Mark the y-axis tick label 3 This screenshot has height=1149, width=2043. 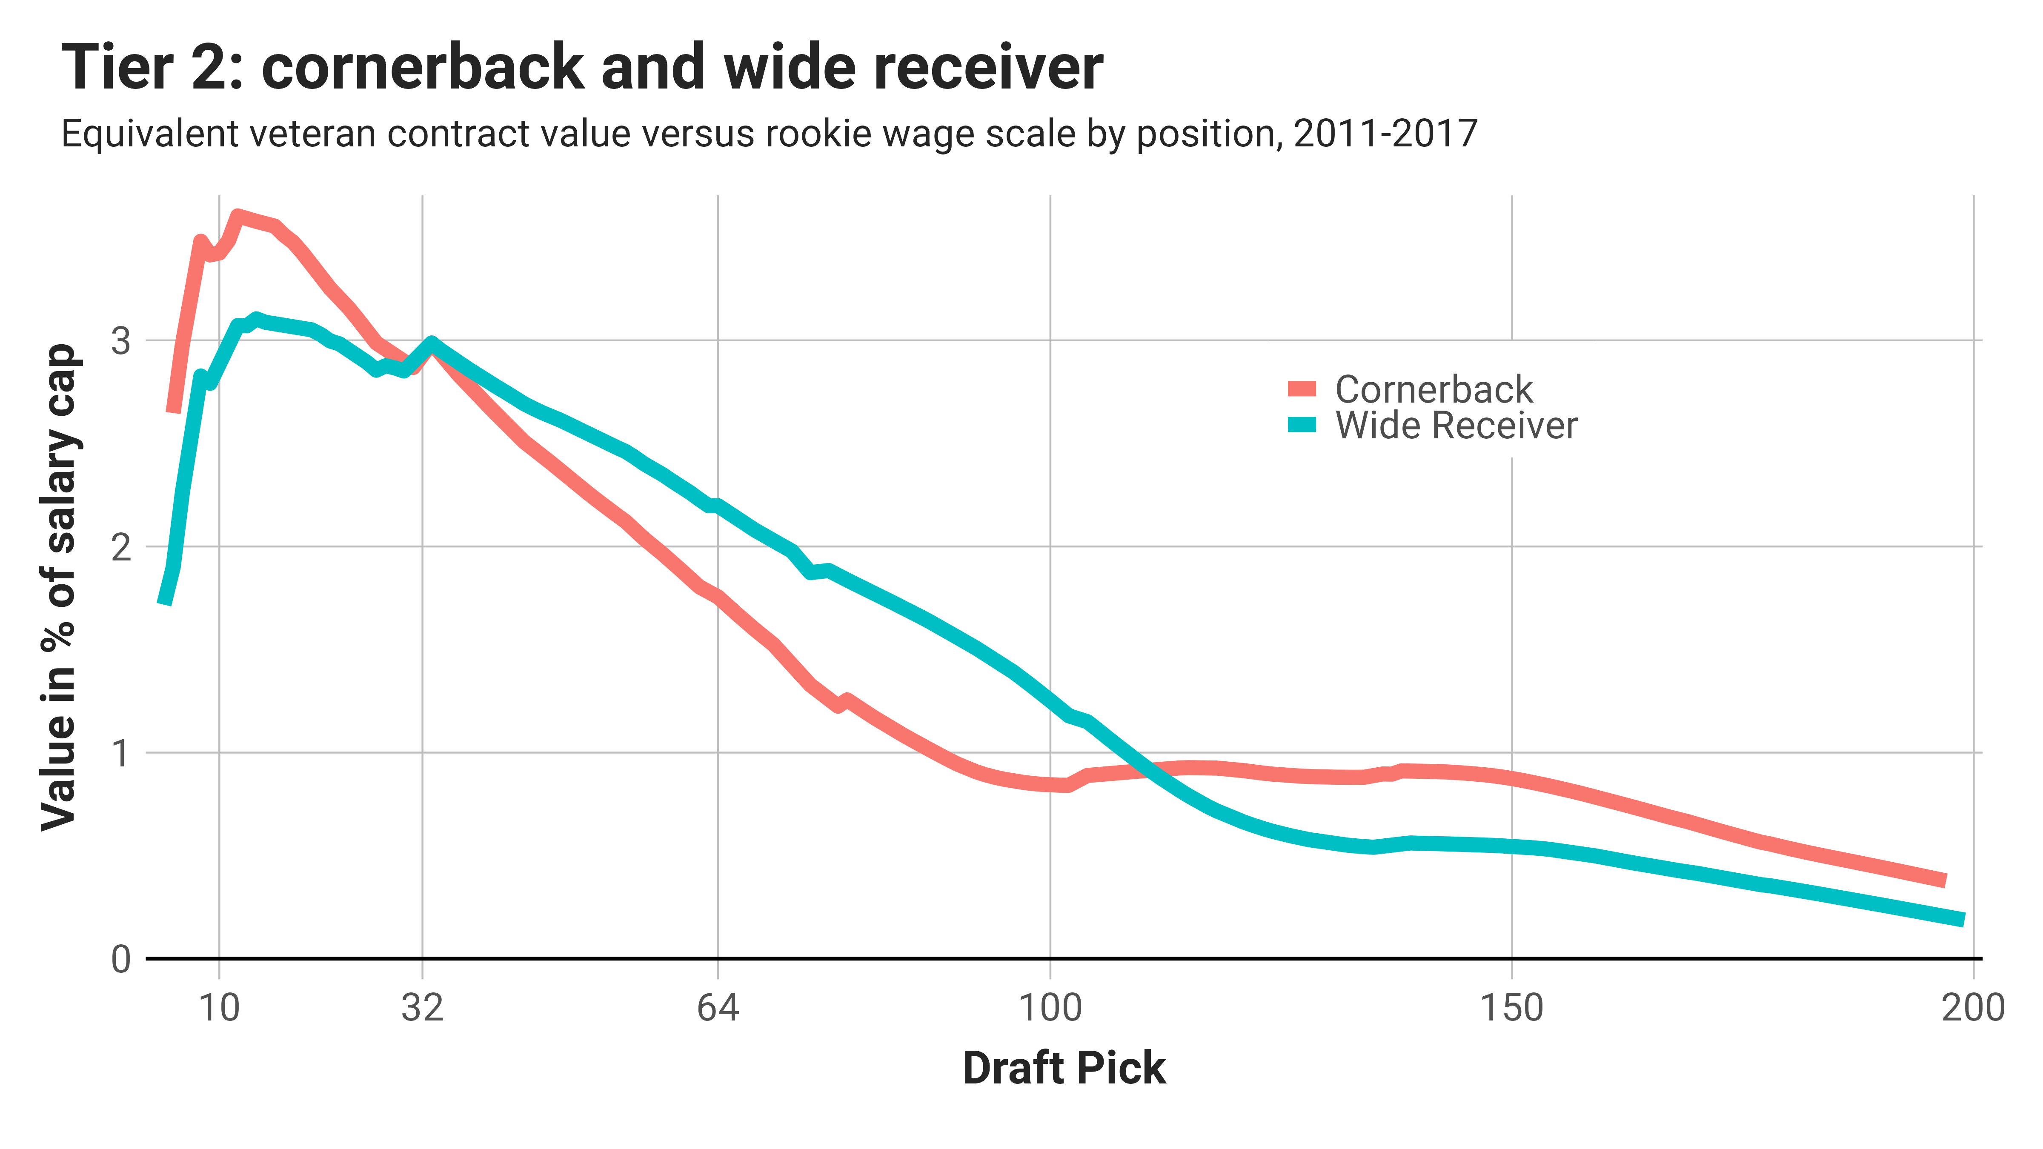120,342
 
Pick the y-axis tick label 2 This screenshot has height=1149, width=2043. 120,547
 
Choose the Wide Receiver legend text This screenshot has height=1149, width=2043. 1456,426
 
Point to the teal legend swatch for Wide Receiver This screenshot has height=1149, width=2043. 1302,425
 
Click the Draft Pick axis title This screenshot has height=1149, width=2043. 1064,1068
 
